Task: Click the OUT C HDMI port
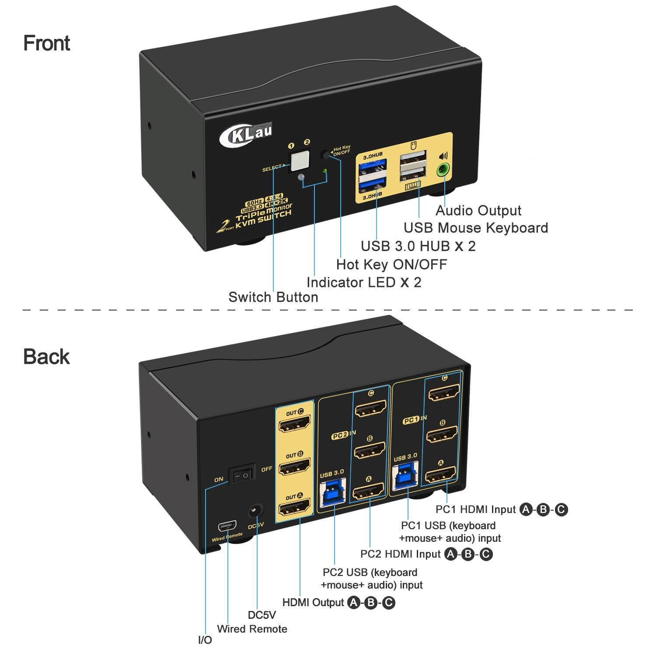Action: (294, 425)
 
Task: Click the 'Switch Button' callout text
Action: (273, 297)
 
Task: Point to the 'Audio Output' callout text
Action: (478, 211)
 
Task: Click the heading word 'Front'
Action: (47, 43)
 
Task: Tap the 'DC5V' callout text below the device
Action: (262, 615)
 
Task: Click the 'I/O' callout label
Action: (205, 640)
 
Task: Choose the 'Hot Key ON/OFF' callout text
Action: (391, 264)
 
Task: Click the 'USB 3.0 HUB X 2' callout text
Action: (418, 246)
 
